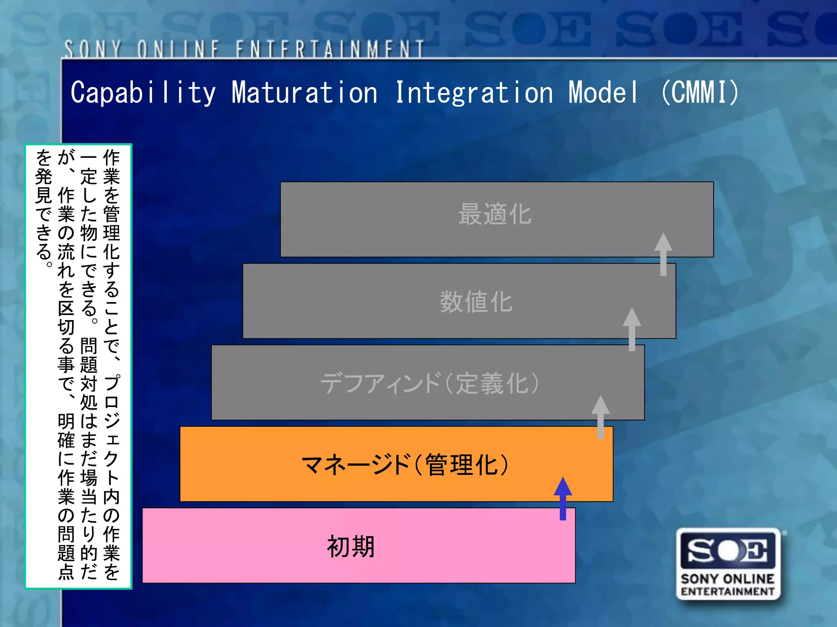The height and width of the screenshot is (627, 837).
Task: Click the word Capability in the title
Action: click(143, 92)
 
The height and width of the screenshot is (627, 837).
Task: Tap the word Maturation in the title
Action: click(304, 92)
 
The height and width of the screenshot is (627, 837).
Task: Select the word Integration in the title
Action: click(474, 92)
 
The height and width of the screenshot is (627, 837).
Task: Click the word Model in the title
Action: click(603, 92)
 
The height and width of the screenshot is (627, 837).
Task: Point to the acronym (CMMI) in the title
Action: click(700, 92)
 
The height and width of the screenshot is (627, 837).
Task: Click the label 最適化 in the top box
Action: click(495, 214)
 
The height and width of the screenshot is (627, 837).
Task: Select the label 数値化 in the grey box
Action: click(476, 302)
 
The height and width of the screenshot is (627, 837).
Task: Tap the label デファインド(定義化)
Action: click(430, 383)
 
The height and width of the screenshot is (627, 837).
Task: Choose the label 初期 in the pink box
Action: click(351, 547)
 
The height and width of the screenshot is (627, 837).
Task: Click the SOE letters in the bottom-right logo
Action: click(728, 551)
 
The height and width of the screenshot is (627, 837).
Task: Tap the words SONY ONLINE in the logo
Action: click(728, 579)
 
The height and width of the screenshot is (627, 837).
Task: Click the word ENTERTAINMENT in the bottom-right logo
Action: click(728, 591)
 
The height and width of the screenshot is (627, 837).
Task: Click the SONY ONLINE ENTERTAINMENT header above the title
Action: click(244, 49)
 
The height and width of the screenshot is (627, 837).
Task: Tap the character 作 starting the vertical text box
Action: click(111, 158)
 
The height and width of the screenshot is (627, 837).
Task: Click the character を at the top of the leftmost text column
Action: click(44, 158)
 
